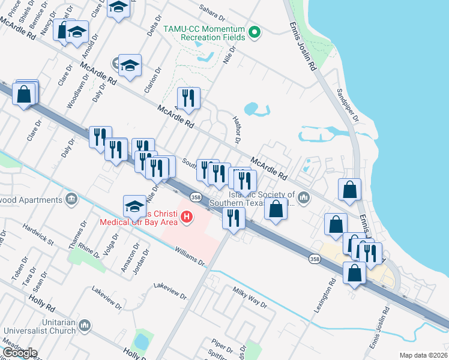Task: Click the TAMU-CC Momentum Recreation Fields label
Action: (x=213, y=33)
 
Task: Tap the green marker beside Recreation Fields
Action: (x=255, y=32)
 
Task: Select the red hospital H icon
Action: (x=187, y=216)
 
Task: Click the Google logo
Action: (x=20, y=352)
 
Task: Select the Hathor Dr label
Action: (x=237, y=130)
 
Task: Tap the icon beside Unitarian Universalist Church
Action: (x=84, y=325)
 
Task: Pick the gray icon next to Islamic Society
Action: (x=304, y=197)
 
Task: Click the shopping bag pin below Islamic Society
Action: (x=276, y=209)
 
